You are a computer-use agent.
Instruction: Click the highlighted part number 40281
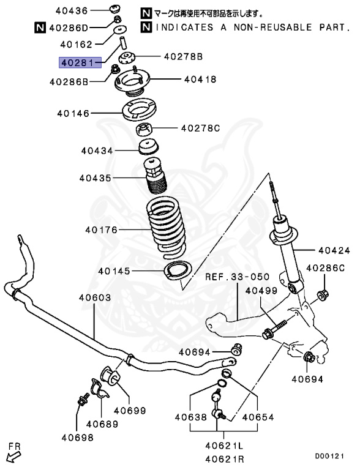pos(75,62)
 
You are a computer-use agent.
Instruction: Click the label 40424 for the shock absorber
pos(334,250)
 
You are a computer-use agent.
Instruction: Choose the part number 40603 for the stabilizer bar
pos(94,297)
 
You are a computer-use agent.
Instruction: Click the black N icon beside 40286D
pos(39,27)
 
